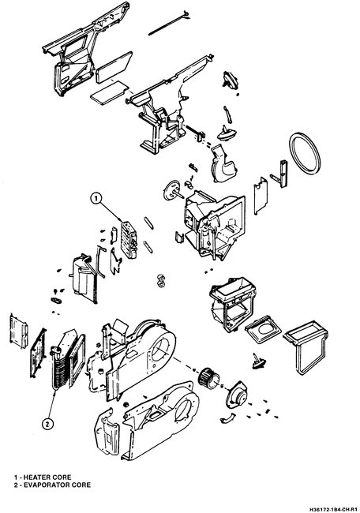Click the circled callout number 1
[97, 199]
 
